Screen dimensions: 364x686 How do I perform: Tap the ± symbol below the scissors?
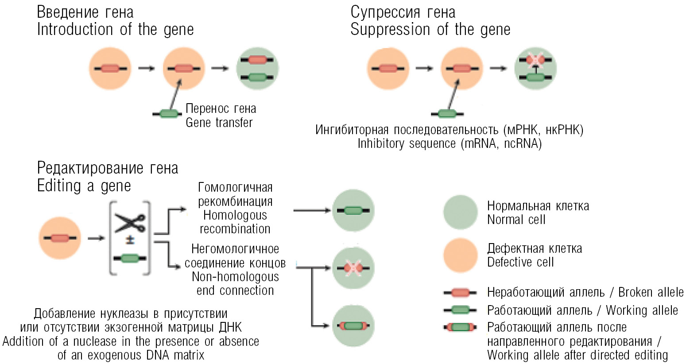130,241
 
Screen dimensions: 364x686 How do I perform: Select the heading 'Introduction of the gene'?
115,30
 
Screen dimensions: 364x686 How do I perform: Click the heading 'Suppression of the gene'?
430,30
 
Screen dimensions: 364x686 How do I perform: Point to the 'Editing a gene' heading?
84,186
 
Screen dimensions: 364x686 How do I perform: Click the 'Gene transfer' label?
219,122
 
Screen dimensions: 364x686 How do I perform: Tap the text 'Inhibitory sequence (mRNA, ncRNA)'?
450,143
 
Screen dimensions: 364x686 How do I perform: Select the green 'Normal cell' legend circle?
461,213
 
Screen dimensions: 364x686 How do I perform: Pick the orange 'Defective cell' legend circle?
461,255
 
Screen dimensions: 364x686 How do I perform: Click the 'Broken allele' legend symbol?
460,292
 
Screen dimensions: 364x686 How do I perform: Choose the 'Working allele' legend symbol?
460,310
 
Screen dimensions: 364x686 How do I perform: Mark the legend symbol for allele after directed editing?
460,327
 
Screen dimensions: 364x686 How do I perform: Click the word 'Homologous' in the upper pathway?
235,215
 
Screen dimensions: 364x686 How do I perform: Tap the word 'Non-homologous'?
235,277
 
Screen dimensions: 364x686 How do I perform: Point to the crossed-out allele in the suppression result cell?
535,60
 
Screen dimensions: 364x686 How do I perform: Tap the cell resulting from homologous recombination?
353,210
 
